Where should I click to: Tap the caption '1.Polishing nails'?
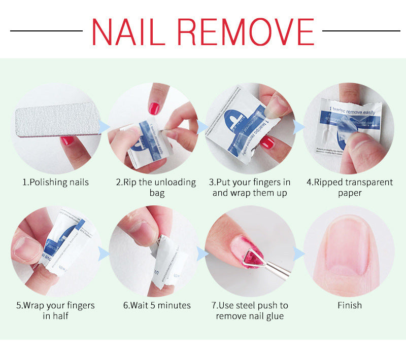coord(55,182)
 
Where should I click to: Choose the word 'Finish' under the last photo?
coord(350,305)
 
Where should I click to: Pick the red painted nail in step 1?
coord(67,141)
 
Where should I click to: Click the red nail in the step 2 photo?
coord(154,109)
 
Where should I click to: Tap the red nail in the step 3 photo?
coord(267,143)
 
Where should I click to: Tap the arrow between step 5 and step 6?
coord(104,252)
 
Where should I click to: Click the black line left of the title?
coord(46,31)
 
